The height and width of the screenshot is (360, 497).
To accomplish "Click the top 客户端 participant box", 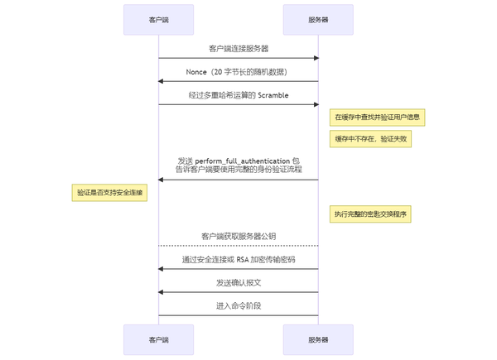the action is [x=158, y=20].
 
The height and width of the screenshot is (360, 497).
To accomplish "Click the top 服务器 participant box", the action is [x=318, y=20].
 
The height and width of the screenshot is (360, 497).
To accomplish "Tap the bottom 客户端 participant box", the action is [x=158, y=340].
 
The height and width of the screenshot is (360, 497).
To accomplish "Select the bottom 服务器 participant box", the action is [x=318, y=340].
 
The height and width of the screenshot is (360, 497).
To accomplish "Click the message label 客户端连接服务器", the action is [x=239, y=49].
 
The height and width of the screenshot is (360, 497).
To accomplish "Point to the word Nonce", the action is [x=196, y=72].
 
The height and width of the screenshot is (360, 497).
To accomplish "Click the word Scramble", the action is [x=273, y=95].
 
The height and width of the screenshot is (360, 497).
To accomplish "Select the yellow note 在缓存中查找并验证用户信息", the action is [x=377, y=118].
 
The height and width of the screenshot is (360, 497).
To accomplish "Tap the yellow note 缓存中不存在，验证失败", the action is [x=370, y=139].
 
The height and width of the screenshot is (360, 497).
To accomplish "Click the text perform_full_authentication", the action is [x=243, y=161].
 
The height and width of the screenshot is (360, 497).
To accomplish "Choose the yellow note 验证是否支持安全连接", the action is [x=109, y=193].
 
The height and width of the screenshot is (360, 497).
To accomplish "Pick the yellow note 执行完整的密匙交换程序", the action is [x=370, y=214].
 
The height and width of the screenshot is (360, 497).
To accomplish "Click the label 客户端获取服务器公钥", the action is [x=239, y=237].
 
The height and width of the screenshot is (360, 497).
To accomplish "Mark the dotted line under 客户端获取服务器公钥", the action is [x=239, y=246].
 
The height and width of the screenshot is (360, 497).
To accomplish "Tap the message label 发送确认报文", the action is [x=239, y=283].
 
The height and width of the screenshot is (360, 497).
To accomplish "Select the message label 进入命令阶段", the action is [x=239, y=306].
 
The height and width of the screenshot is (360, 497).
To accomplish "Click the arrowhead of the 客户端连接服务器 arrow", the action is [x=316, y=58].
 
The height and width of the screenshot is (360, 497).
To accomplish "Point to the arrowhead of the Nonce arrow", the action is [x=161, y=81].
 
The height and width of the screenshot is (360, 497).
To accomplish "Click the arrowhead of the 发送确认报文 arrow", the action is [x=161, y=292].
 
